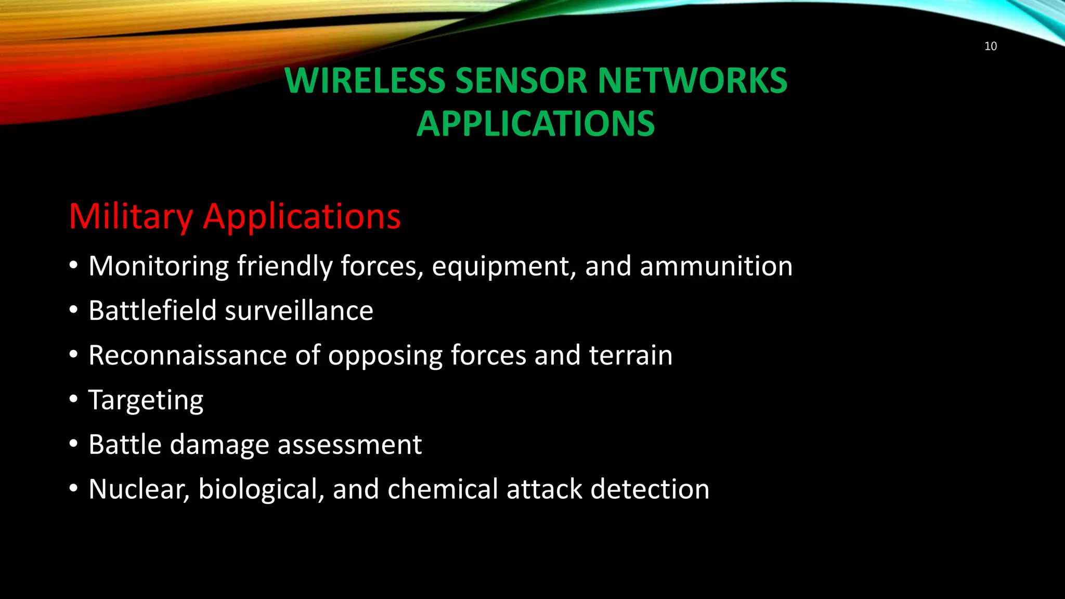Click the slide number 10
coord(990,46)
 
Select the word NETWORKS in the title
coord(692,81)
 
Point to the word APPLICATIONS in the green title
coord(536,124)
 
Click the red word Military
coord(131,216)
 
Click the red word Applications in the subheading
coord(302,216)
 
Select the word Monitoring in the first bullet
coord(159,266)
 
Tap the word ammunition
coord(716,266)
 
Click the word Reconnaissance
coord(187,356)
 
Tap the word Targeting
coord(146,400)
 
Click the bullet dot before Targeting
coord(74,399)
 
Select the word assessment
coord(349,445)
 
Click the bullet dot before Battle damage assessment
coord(74,444)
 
